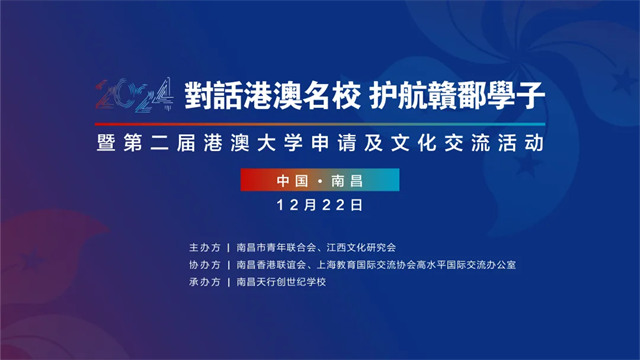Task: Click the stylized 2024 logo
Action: tap(134, 95)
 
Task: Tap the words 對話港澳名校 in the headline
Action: tap(272, 96)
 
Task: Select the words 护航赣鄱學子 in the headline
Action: tap(457, 96)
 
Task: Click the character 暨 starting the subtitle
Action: tap(106, 143)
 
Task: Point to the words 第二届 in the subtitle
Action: tap(160, 143)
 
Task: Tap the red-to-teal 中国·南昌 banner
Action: tap(320, 180)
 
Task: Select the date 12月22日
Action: tap(320, 205)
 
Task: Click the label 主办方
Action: tap(204, 247)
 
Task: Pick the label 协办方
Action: tap(204, 265)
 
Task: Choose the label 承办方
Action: tap(204, 282)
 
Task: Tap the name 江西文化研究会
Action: tap(361, 247)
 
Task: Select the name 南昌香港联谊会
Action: tap(271, 265)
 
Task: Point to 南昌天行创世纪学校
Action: tap(281, 282)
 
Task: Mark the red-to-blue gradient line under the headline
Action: tap(320, 124)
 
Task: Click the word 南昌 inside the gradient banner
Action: tap(347, 180)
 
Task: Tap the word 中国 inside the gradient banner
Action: tap(292, 180)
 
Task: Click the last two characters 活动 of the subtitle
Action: tap(521, 143)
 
